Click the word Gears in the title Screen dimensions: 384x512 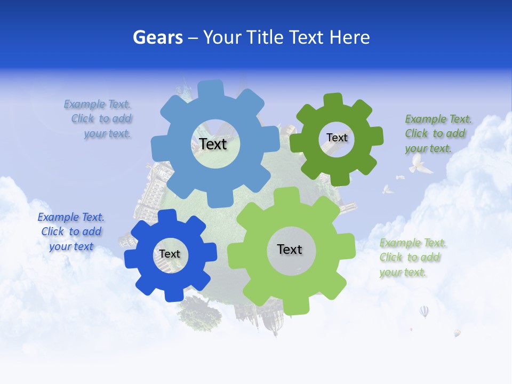point(157,37)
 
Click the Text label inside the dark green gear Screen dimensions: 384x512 point(337,138)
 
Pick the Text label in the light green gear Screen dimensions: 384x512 point(290,249)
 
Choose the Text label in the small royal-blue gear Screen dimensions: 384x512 point(170,254)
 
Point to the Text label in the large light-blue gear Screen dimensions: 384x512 point(213,143)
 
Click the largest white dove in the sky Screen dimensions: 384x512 point(420,165)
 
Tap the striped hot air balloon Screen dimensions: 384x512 point(424,311)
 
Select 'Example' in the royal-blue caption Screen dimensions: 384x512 point(58,217)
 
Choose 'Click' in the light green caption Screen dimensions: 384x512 point(391,258)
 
